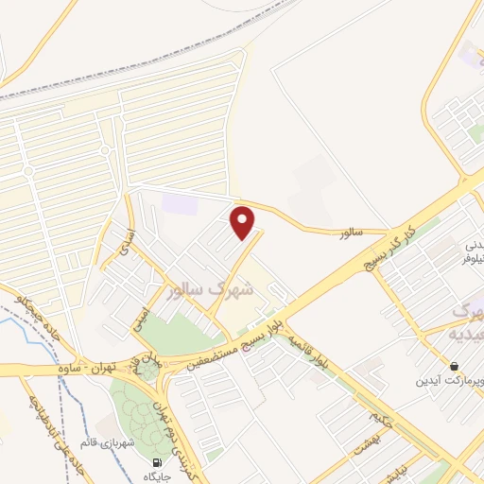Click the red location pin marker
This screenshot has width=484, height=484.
(x=244, y=222)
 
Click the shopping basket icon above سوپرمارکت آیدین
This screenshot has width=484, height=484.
(x=456, y=367)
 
